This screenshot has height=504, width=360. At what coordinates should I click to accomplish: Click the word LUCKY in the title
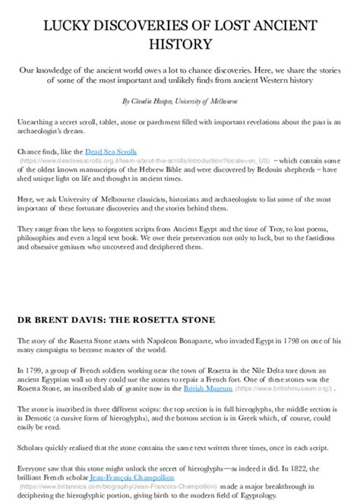pyautogui.click(x=64, y=27)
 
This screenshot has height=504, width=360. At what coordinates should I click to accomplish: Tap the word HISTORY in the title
pyautogui.click(x=180, y=46)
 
